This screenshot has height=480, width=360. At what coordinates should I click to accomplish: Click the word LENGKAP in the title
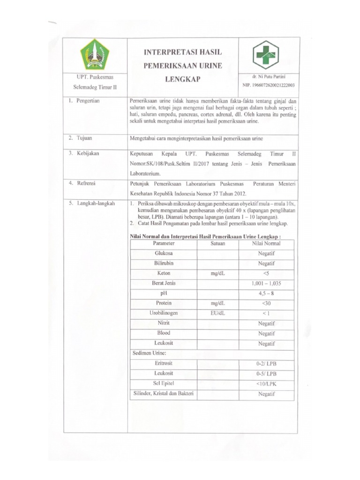(182, 80)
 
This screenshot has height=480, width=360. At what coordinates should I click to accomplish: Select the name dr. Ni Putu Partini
(269, 76)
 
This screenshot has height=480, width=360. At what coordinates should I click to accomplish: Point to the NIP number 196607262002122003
(269, 85)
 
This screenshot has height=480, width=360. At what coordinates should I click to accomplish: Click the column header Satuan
(217, 244)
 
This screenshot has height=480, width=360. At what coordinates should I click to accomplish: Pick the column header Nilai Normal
(266, 244)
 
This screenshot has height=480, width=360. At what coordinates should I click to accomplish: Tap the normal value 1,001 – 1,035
(266, 284)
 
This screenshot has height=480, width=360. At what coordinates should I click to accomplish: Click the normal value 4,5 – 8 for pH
(266, 293)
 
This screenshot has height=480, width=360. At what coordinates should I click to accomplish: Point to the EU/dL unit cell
(217, 313)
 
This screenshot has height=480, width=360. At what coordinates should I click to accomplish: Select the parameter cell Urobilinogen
(164, 313)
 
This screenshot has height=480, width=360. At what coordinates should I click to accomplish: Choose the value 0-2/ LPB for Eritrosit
(266, 364)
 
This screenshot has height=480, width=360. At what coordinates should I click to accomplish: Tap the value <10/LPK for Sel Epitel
(266, 384)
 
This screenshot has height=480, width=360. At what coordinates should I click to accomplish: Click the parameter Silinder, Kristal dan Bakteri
(164, 393)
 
